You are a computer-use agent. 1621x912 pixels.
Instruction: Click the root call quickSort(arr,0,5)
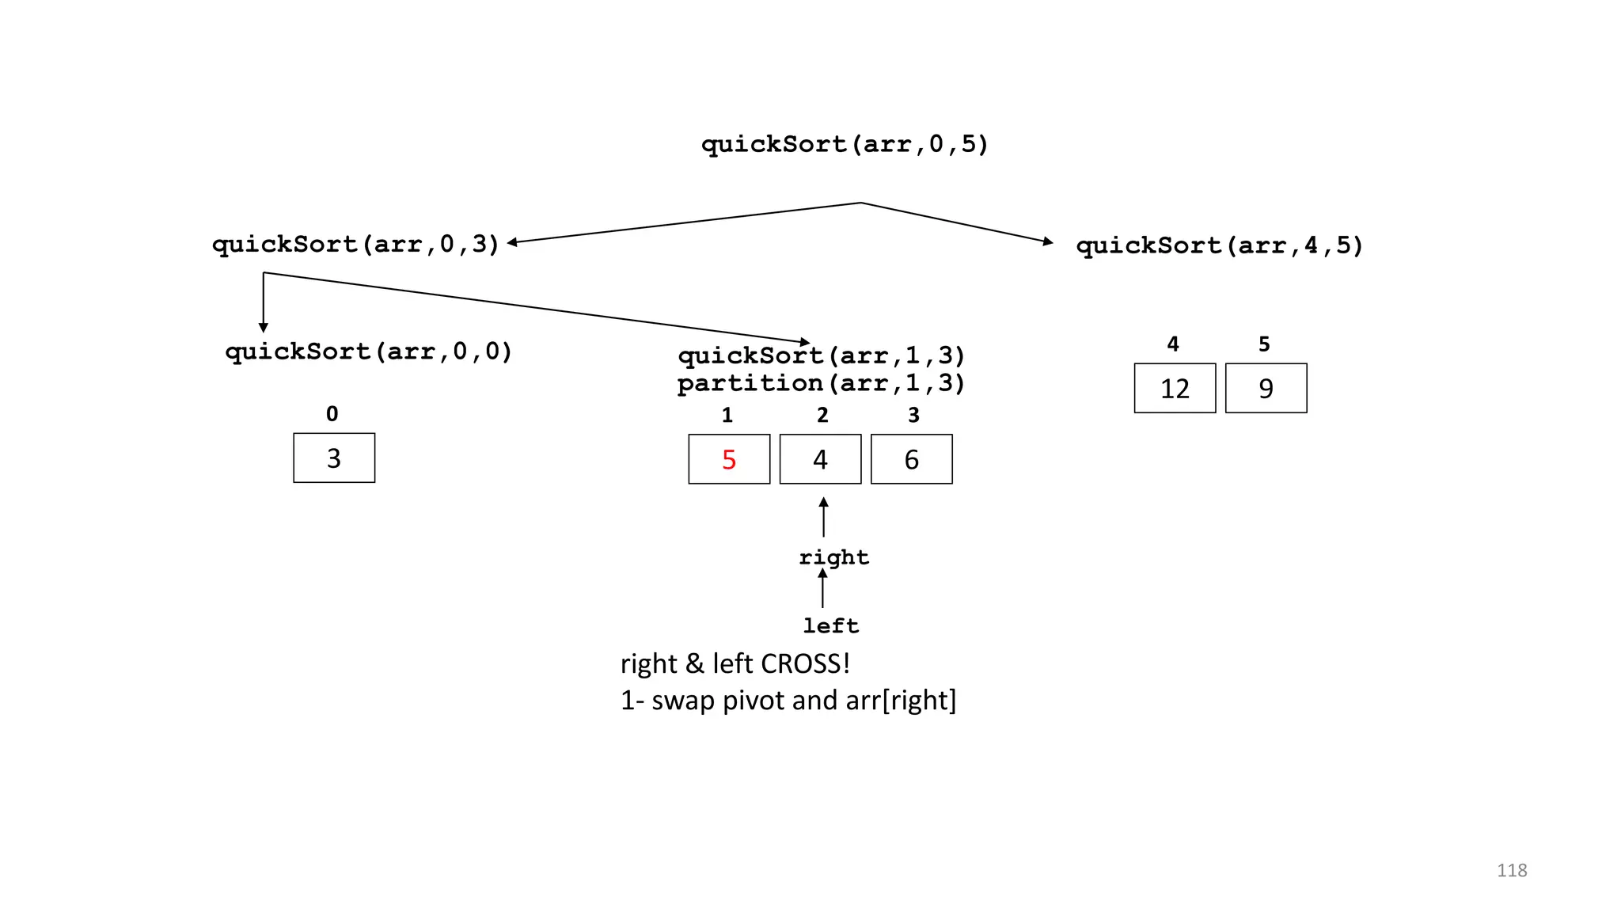tap(845, 144)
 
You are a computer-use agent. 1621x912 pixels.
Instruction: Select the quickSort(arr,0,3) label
tap(355, 244)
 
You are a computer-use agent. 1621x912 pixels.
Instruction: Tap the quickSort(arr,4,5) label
tap(1219, 245)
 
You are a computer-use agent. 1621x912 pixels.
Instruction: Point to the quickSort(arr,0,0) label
tap(369, 351)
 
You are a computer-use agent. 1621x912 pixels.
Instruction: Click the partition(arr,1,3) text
tap(821, 383)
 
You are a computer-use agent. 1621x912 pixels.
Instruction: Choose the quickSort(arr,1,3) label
tap(821, 355)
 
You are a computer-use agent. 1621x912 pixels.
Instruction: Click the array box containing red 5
tap(729, 459)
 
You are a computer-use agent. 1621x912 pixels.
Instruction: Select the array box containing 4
tap(820, 459)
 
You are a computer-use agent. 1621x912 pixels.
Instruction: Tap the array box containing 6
tap(911, 459)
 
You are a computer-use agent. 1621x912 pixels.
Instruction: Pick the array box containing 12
tap(1175, 388)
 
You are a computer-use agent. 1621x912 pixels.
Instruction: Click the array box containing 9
tap(1266, 388)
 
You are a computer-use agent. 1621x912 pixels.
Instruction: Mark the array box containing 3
tap(334, 458)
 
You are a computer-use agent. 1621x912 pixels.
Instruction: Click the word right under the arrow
tap(833, 557)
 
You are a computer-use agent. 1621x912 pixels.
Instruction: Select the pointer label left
tap(830, 626)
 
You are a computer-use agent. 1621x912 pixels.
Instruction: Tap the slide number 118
tap(1511, 870)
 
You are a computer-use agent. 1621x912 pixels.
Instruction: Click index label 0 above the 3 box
tap(332, 414)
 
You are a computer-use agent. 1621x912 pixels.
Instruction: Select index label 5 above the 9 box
tap(1264, 344)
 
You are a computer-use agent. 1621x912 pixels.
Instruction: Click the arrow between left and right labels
tap(822, 589)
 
